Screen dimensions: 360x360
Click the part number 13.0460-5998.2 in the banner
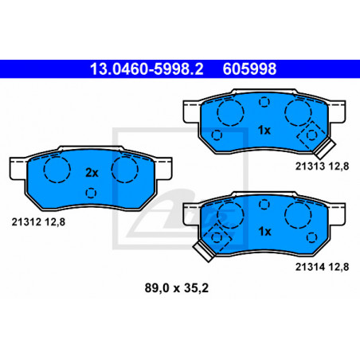(x=147, y=68)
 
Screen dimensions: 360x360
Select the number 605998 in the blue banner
(x=249, y=68)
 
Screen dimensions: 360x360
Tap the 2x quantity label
(x=92, y=173)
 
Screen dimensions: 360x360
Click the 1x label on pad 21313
(x=264, y=130)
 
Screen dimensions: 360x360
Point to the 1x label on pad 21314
(x=264, y=232)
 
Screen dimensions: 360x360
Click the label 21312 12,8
(x=38, y=222)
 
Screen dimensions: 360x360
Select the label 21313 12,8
(x=322, y=166)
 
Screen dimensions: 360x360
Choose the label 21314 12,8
(x=322, y=267)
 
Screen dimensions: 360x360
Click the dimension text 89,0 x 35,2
(x=177, y=288)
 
